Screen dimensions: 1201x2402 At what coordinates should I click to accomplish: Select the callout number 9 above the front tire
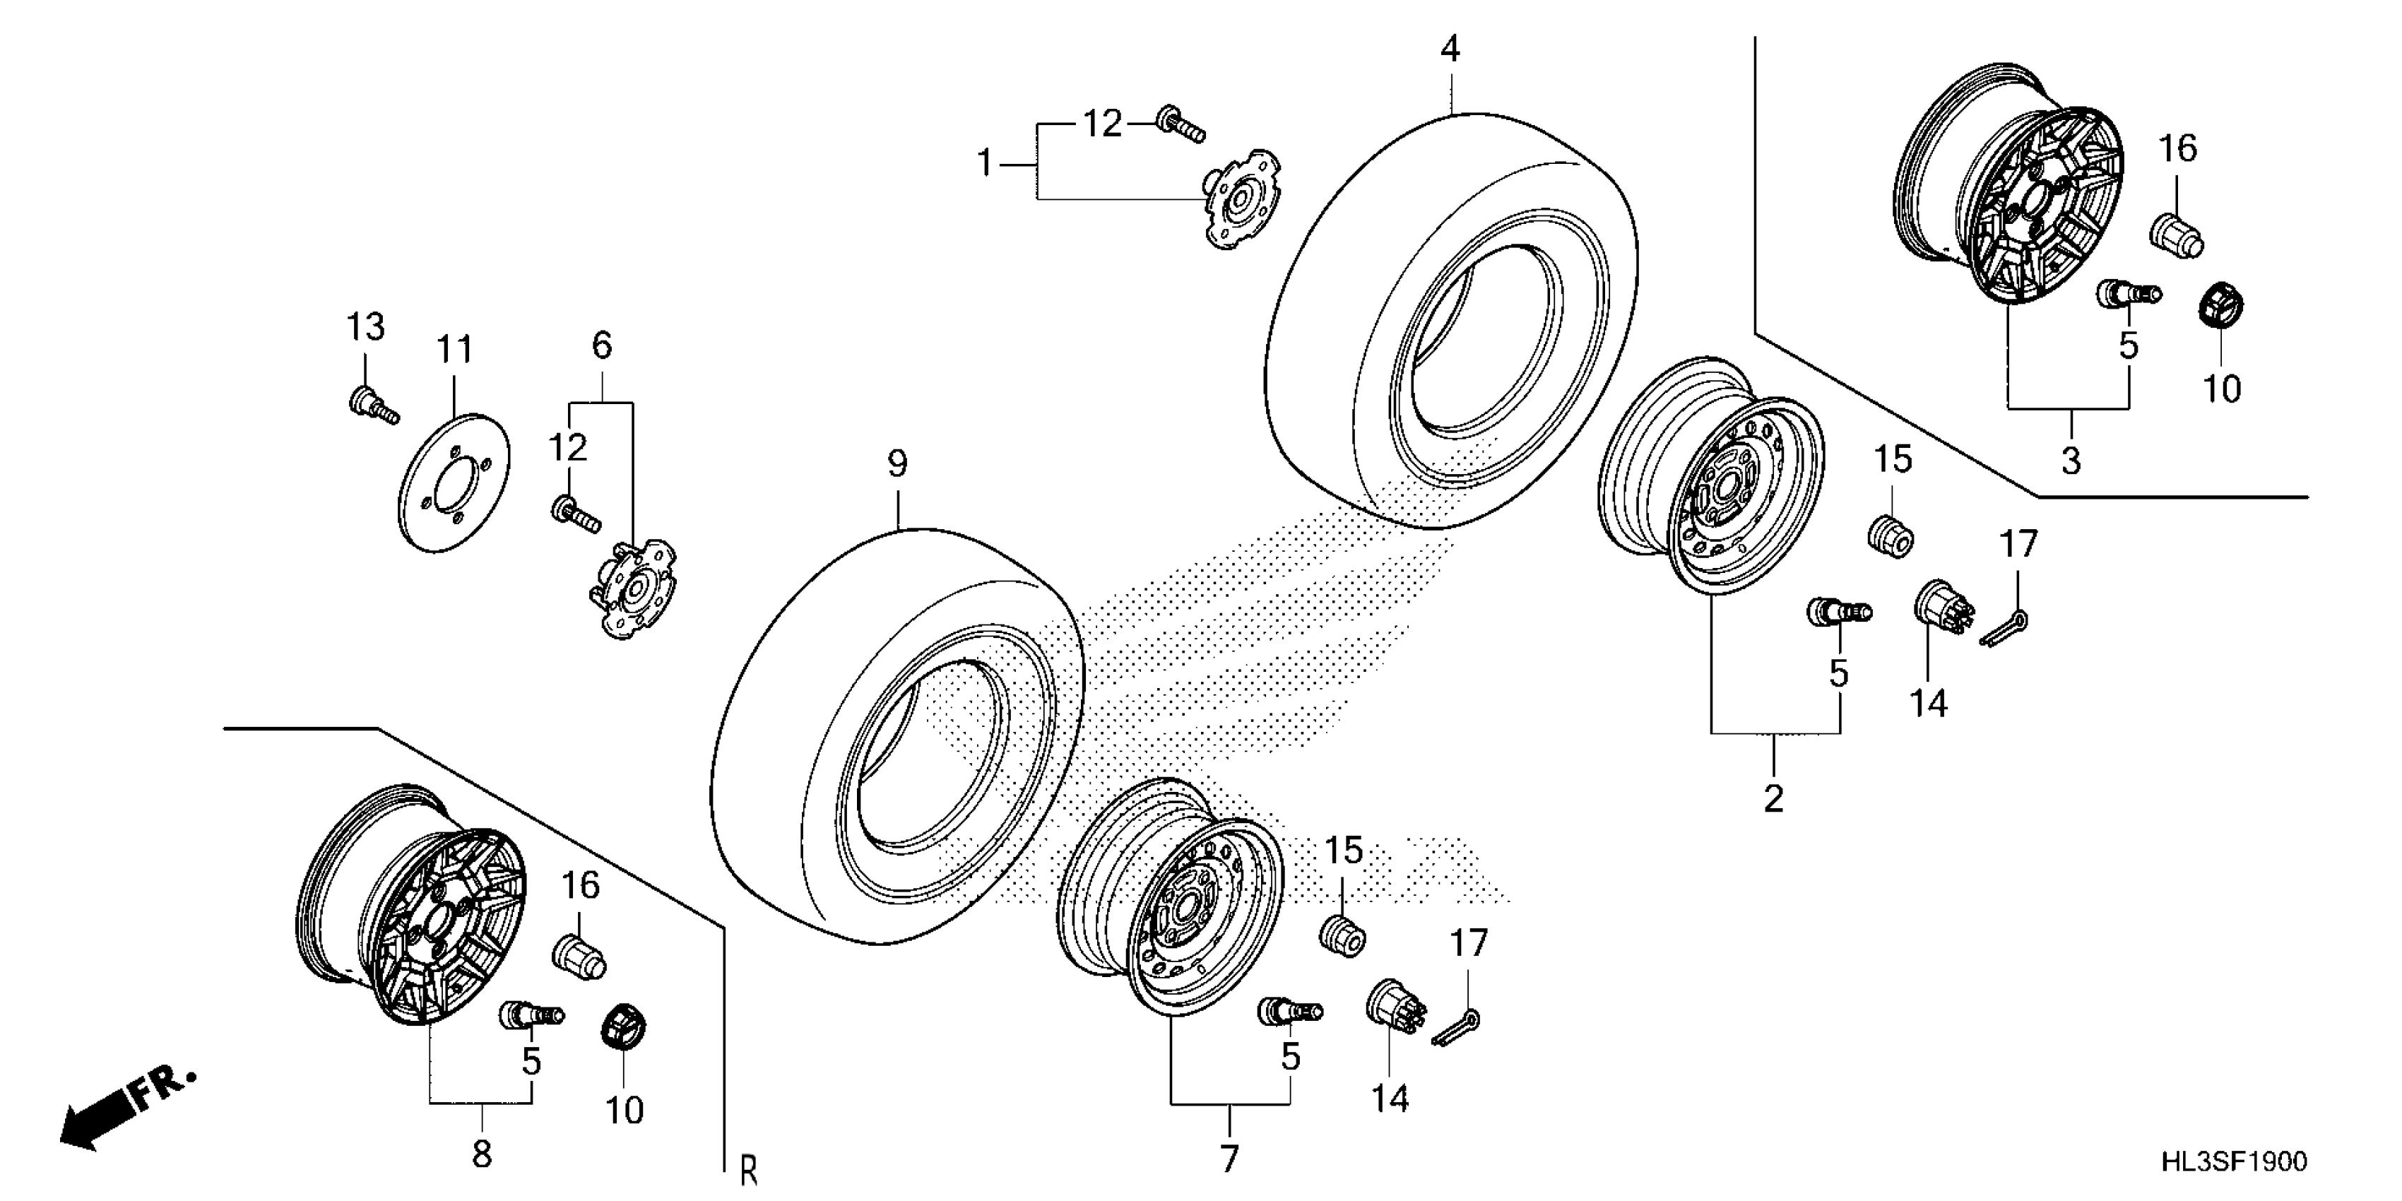(897, 463)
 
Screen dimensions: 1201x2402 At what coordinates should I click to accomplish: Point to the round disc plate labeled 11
(454, 482)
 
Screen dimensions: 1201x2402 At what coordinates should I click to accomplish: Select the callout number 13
(365, 327)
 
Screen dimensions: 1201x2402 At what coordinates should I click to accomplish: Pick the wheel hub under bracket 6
(634, 589)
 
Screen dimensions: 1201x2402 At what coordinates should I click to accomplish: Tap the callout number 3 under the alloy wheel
(2070, 460)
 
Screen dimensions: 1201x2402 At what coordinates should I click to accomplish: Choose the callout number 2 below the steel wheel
(1773, 799)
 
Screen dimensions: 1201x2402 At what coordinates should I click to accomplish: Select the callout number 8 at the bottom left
(481, 1154)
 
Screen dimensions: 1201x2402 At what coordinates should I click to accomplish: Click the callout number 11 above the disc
(455, 350)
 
